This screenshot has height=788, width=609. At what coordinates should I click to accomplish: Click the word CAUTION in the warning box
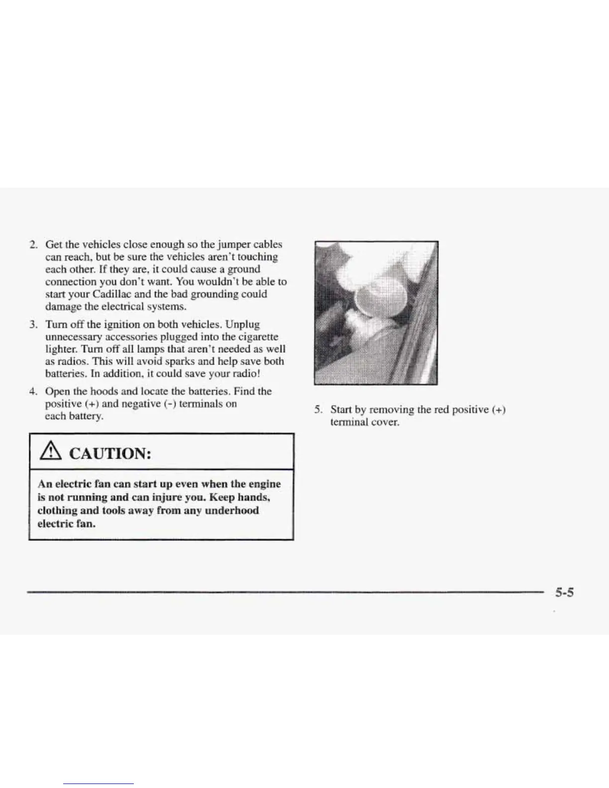[x=110, y=454]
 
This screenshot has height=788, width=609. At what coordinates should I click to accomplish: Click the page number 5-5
[x=564, y=592]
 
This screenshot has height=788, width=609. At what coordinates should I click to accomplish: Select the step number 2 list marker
[x=33, y=245]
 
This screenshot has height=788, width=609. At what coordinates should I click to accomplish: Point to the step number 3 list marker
[x=33, y=325]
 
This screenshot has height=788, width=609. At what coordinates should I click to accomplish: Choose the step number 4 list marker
[x=33, y=392]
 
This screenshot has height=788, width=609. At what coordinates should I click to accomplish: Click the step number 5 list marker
[x=318, y=410]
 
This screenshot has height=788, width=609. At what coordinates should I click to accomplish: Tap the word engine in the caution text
[x=264, y=484]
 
